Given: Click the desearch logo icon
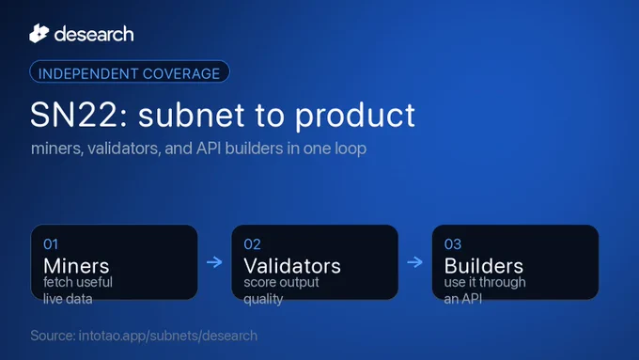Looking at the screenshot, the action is coord(39,34).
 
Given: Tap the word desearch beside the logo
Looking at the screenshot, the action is coord(94,34).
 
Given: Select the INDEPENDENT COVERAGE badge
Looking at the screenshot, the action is coord(129,72).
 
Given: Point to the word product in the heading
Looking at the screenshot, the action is coord(355,117).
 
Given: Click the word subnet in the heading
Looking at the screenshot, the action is coord(192,115).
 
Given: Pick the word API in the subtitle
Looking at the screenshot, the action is coord(209,149).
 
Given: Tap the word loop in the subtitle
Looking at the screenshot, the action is coord(351,149).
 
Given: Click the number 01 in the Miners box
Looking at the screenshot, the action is coord(51,244).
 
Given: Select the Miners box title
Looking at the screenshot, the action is coord(76,266).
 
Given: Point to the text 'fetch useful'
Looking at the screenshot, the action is coord(78,282).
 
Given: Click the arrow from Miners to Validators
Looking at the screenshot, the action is coord(214,261).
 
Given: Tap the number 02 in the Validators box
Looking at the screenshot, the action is coord(252,244).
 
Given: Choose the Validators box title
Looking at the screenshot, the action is coord(292,266).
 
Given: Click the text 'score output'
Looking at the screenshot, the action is coord(281,283).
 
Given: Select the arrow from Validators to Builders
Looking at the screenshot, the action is coord(414,261).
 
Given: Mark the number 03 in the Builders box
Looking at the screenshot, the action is coord(453,244).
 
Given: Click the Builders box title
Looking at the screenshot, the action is coord(484,266).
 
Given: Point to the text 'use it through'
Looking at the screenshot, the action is coord(485,283).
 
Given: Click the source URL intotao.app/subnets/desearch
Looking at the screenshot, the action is coord(168,336).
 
